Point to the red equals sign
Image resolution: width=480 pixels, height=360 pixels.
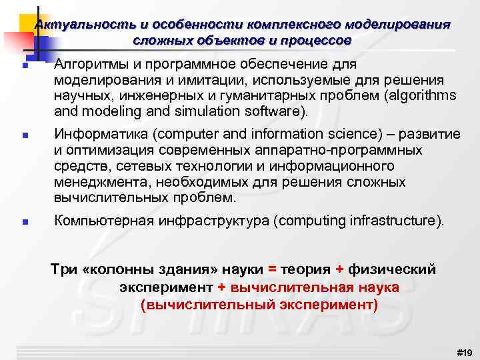click(x=271, y=269)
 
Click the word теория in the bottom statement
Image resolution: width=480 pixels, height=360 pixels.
click(x=305, y=269)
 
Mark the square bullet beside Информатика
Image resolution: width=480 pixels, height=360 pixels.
click(x=23, y=135)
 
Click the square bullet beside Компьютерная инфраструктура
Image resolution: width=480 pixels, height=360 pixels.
click(x=23, y=222)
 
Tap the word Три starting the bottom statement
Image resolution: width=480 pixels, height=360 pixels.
click(x=63, y=269)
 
